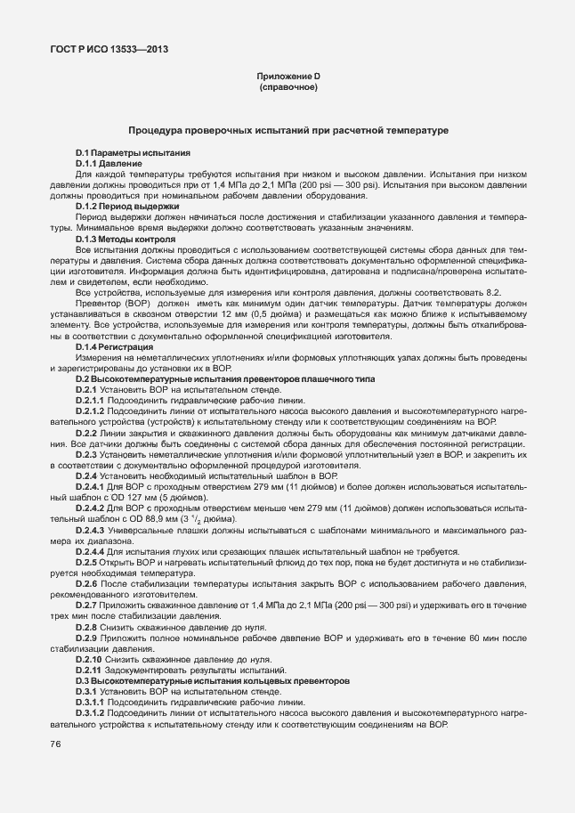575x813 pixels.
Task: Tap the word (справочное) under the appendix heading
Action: click(x=287, y=89)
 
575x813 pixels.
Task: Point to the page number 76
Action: click(x=55, y=744)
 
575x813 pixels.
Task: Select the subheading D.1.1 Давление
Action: click(x=108, y=164)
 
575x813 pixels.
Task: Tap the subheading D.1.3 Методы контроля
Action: click(x=125, y=240)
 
